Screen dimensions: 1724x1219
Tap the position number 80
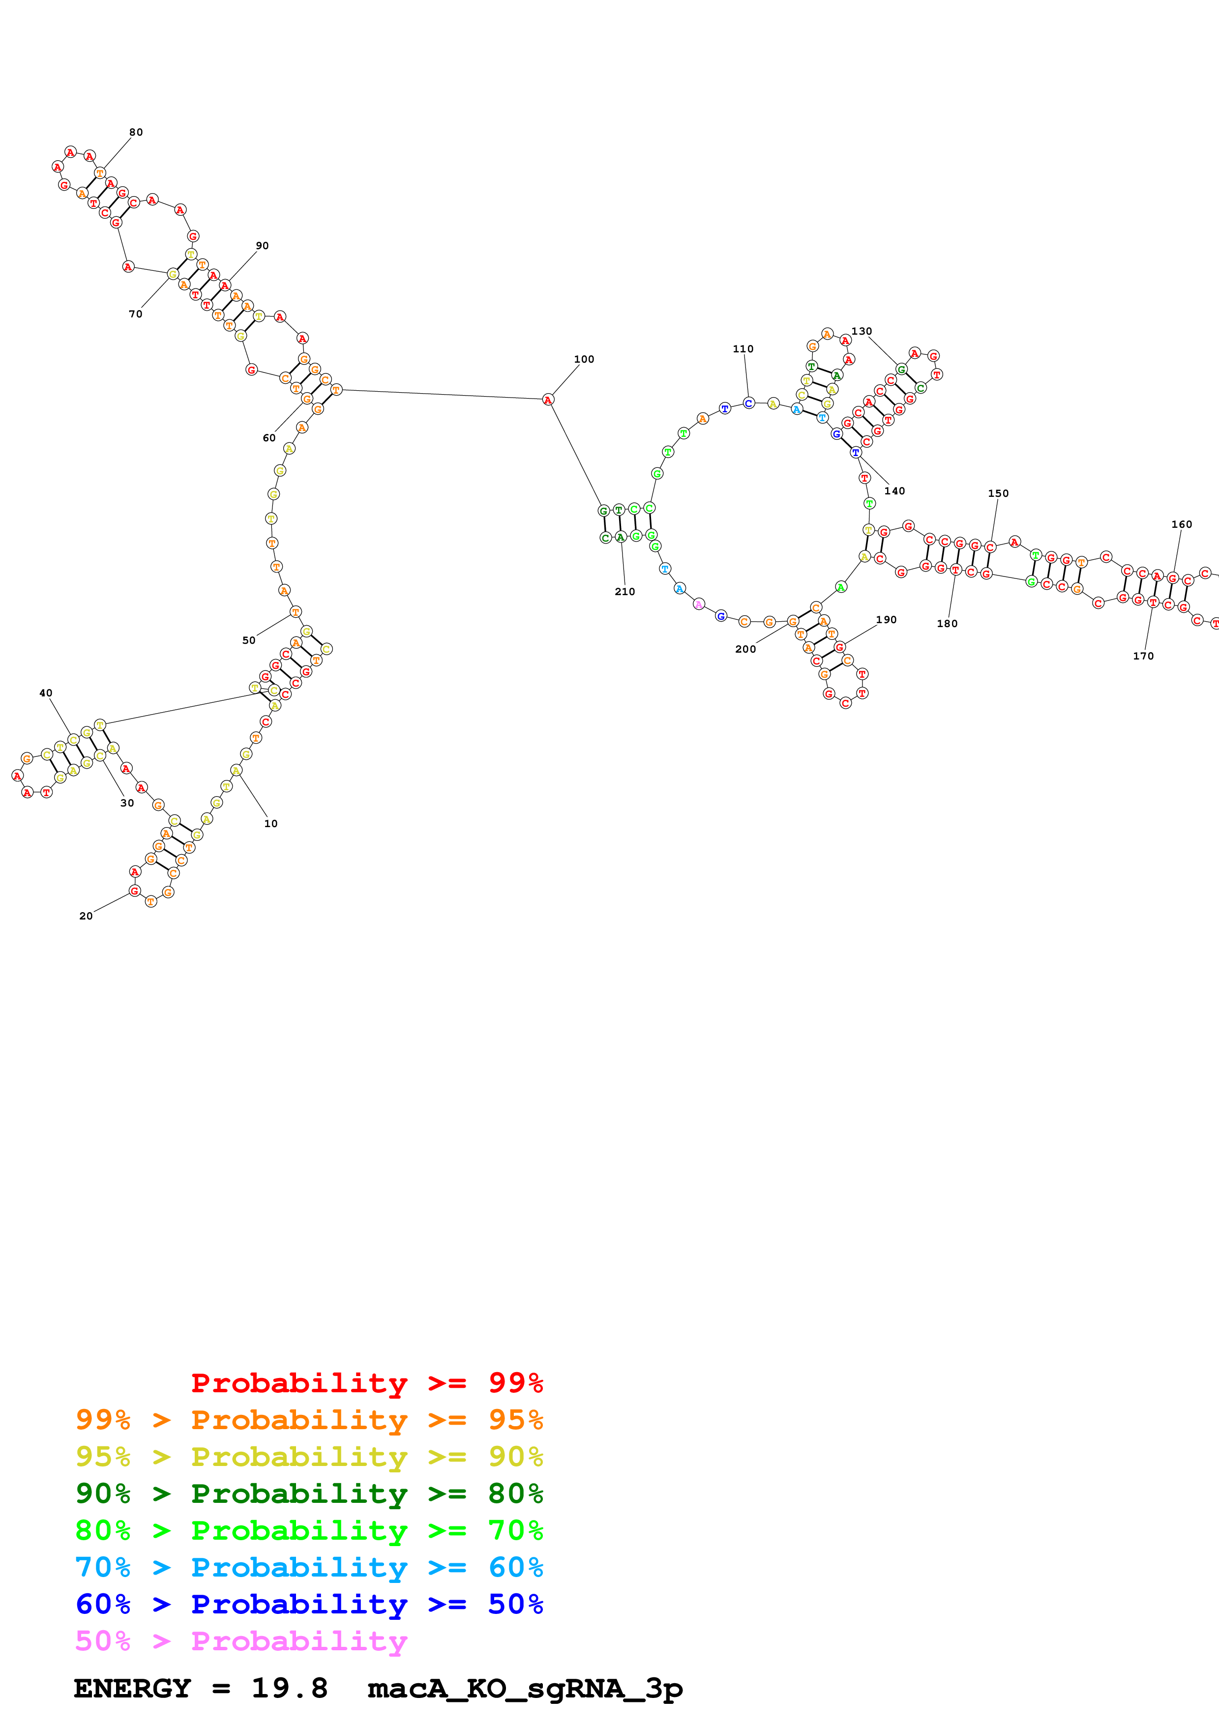(x=136, y=132)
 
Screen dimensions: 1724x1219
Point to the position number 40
(x=46, y=693)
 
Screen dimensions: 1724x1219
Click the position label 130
(x=862, y=331)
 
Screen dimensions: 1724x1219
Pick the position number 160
(x=1182, y=524)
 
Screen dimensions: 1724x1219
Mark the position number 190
(x=886, y=619)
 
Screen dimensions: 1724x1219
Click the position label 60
(x=269, y=438)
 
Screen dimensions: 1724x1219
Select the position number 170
(x=1143, y=656)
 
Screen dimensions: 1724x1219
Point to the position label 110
(x=743, y=349)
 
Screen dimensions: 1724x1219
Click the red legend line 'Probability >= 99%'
(x=366, y=1382)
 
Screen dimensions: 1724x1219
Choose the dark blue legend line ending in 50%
(x=309, y=1604)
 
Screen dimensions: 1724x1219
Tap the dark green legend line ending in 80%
(x=309, y=1494)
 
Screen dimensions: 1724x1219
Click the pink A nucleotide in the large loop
(x=698, y=603)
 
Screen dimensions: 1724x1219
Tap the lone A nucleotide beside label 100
(x=548, y=400)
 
